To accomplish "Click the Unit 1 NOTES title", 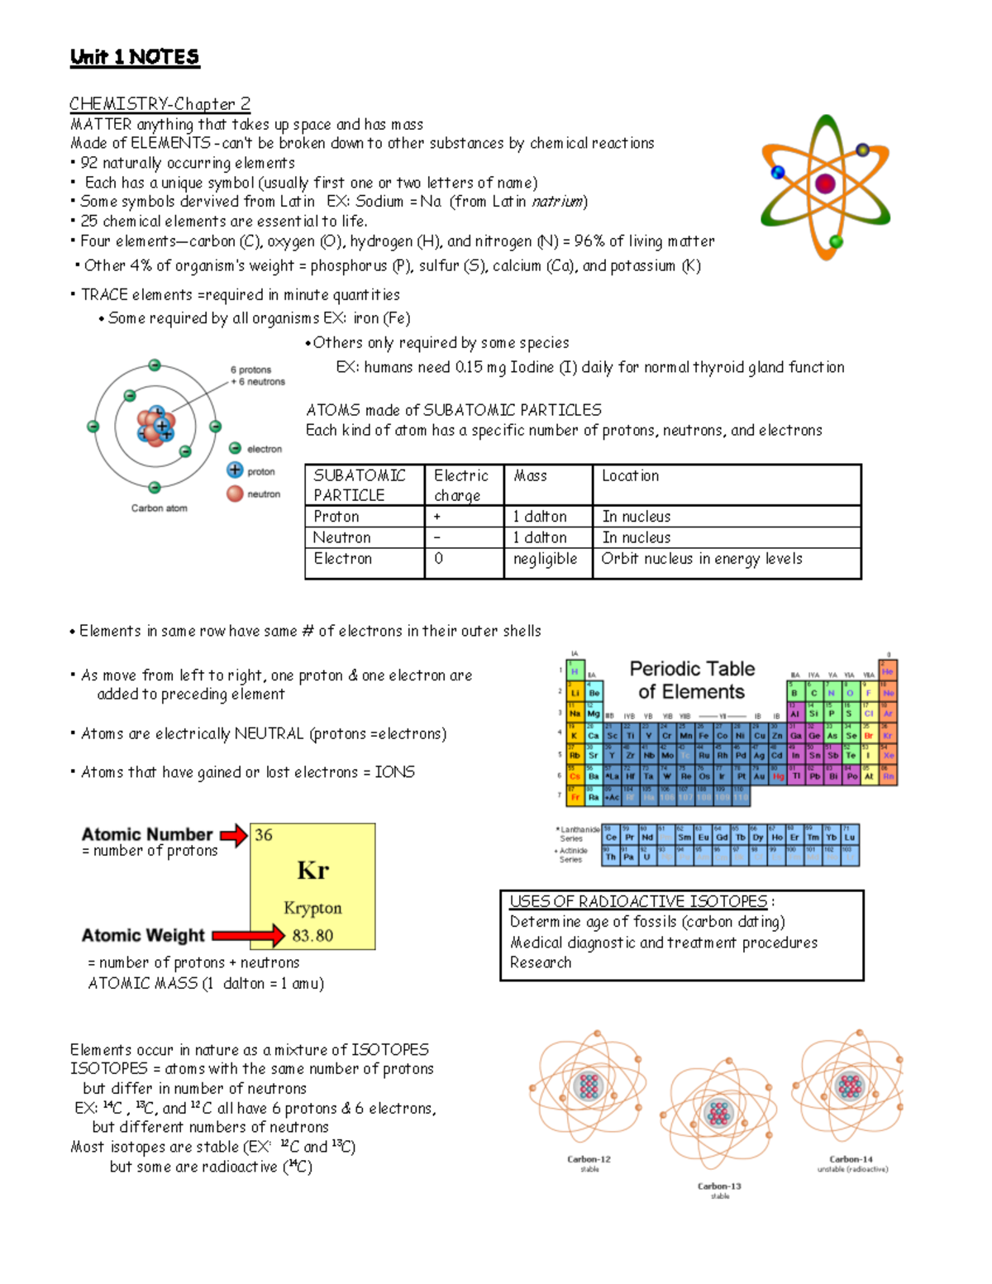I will click(135, 57).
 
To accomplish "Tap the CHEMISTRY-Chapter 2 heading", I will click(160, 103).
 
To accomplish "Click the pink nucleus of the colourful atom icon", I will click(825, 184).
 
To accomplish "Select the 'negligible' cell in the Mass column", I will click(545, 559).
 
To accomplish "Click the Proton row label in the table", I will click(336, 517).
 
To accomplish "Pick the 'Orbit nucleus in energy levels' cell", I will click(702, 559).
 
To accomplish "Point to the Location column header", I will click(630, 476).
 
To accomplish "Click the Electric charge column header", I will click(460, 485).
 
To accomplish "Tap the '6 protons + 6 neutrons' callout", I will click(257, 376).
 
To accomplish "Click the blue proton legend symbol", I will click(235, 470).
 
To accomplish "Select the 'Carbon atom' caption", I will click(159, 508).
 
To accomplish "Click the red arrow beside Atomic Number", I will click(233, 835).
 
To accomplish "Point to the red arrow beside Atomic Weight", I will click(248, 936).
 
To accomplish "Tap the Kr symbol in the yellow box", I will click(312, 871).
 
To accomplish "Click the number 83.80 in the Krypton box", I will click(312, 936).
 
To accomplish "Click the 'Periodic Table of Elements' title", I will click(692, 680).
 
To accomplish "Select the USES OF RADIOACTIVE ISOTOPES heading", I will click(638, 902).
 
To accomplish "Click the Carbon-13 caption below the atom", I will click(719, 1186).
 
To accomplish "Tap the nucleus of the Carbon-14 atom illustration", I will click(850, 1086).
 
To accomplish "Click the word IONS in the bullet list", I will click(394, 772).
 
